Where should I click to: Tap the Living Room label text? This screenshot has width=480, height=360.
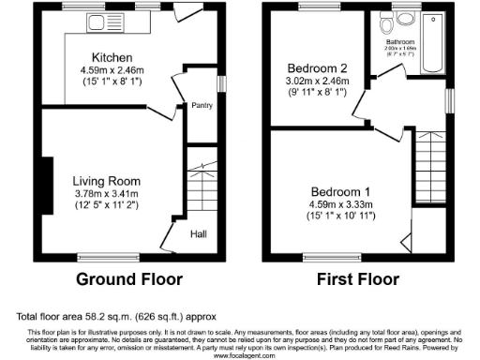click(108, 181)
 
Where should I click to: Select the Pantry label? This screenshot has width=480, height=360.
click(202, 106)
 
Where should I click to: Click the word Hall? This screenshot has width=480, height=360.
click(201, 234)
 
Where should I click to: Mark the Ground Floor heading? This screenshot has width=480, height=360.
click(128, 279)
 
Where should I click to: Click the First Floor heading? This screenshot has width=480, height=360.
click(358, 279)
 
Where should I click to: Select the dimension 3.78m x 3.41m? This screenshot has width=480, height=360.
click(108, 194)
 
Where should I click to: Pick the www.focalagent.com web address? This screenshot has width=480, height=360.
click(241, 356)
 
